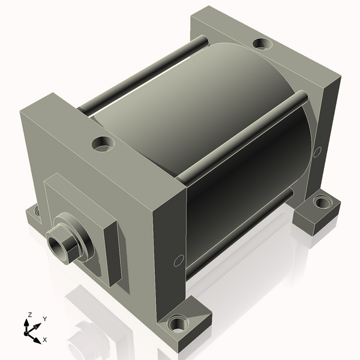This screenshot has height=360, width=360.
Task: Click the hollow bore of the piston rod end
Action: pos(59,244)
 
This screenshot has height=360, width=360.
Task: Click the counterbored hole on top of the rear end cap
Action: pos(261,44)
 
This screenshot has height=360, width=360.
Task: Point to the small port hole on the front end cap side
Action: pos(178,260)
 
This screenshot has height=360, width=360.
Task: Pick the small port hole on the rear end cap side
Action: pos(317,152)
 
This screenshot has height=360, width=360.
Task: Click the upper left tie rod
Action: pos(144,75)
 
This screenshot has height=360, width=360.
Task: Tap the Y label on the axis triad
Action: pos(45,319)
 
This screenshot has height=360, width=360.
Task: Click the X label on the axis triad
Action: pos(44,340)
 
